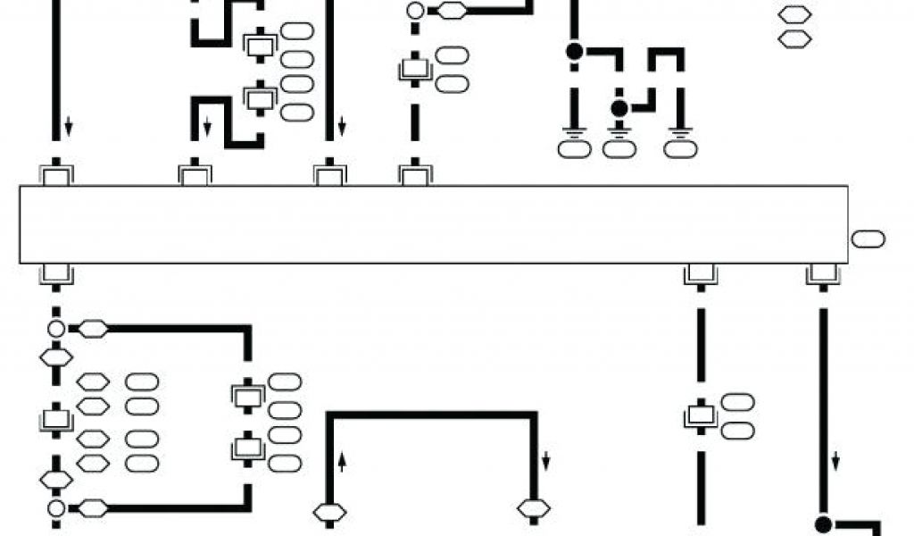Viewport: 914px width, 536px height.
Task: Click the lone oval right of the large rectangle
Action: click(x=868, y=239)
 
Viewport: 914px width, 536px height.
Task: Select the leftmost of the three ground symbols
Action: click(x=574, y=136)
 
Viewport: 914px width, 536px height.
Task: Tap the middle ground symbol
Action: click(x=619, y=136)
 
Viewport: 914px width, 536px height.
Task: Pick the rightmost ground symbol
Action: click(x=681, y=136)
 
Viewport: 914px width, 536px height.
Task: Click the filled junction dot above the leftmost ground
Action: click(x=574, y=52)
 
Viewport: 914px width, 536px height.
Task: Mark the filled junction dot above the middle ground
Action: click(x=619, y=108)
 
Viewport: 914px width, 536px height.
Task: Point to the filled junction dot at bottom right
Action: click(x=823, y=523)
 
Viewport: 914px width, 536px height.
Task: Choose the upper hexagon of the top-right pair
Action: click(x=794, y=14)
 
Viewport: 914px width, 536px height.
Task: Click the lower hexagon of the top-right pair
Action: click(x=794, y=39)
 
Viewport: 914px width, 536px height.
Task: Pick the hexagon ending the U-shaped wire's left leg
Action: click(x=329, y=513)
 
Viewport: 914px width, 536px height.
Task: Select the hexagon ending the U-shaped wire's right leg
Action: click(x=534, y=509)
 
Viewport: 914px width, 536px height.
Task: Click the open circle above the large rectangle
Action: click(x=415, y=12)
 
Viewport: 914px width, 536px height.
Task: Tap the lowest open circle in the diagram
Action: click(x=56, y=509)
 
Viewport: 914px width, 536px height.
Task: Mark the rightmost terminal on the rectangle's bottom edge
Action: click(x=822, y=274)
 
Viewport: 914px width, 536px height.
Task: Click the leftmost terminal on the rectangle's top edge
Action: click(x=56, y=174)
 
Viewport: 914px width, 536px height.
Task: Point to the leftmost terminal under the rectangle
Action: click(x=56, y=274)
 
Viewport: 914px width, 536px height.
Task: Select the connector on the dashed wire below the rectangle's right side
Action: click(x=700, y=415)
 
